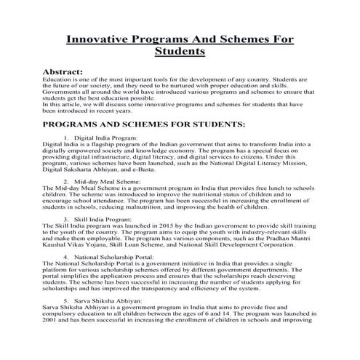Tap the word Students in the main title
pyautogui.click(x=180, y=52)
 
